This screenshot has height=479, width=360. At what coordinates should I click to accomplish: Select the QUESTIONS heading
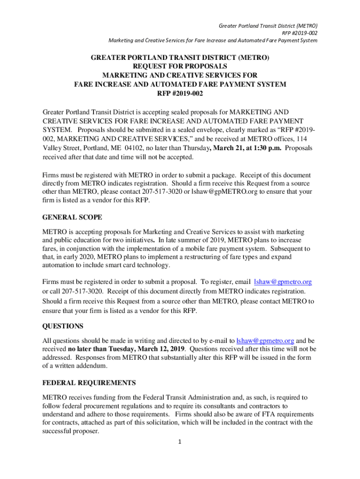click(63, 326)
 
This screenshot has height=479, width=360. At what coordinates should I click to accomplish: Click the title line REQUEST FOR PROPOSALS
click(180, 66)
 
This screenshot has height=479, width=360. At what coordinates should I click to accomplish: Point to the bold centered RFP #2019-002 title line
click(180, 93)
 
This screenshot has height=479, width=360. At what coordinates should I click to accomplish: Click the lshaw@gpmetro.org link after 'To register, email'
click(282, 282)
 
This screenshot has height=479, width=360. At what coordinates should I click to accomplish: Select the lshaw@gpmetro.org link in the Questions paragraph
click(265, 341)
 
